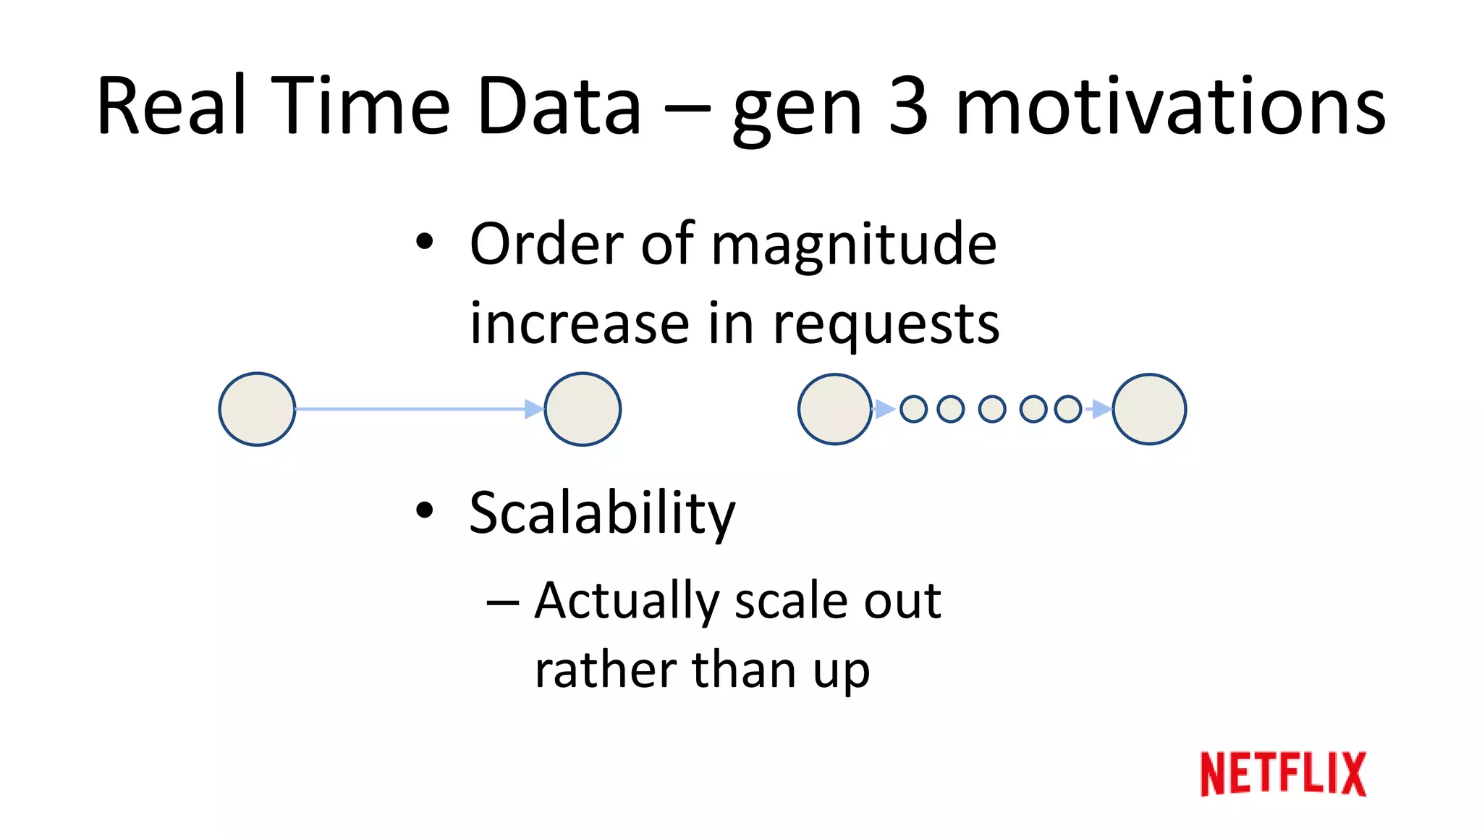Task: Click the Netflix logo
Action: coord(1283,774)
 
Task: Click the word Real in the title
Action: coord(171,106)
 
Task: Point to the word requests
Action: coord(886,324)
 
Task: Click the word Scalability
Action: coord(602,514)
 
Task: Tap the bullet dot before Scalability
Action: coord(425,510)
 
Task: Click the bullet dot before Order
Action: coord(425,241)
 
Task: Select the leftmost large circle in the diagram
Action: coord(257,409)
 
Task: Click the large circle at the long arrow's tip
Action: coord(583,409)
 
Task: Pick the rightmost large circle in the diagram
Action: coord(1149,409)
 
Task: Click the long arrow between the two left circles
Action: coord(412,409)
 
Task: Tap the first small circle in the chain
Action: coord(913,409)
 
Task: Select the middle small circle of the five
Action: coord(992,409)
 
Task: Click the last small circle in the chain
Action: coord(1068,409)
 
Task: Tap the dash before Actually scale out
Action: coord(503,602)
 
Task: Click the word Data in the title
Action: coord(559,106)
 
